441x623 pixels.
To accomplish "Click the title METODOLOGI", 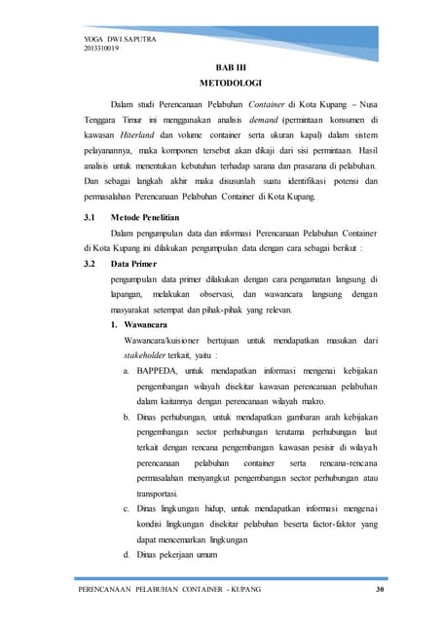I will (x=219, y=85).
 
